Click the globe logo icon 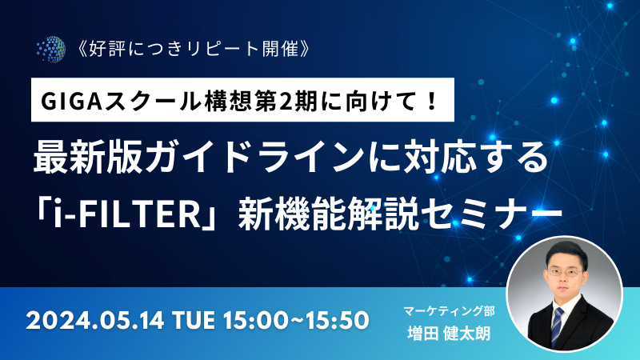pos(51,50)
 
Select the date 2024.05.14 pos(94,321)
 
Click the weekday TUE pos(194,321)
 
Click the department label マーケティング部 pos(449,311)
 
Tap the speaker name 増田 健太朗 pos(449,334)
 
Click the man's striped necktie pos(557,326)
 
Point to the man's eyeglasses pos(564,272)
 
